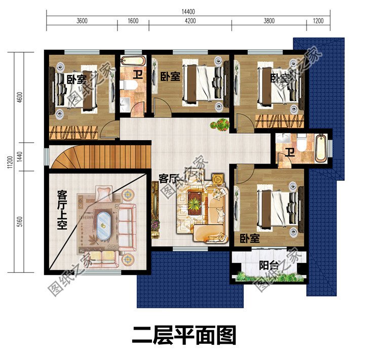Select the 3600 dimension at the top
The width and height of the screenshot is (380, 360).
click(x=82, y=21)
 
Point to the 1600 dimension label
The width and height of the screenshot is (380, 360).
click(x=133, y=21)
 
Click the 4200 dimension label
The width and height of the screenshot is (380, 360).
click(x=189, y=21)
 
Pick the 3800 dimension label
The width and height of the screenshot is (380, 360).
click(x=269, y=21)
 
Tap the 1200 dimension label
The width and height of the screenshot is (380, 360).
click(x=318, y=21)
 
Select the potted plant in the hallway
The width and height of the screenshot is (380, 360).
click(x=221, y=124)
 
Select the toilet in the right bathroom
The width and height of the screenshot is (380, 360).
click(x=301, y=145)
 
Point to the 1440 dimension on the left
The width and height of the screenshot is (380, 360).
click(x=19, y=156)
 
